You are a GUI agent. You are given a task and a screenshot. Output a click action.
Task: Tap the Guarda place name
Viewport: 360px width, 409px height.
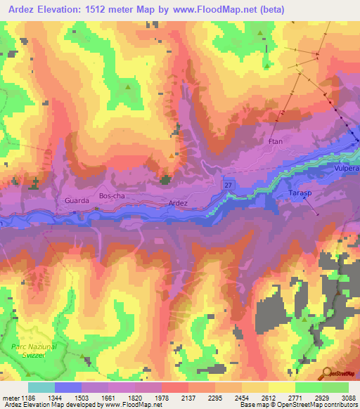[76, 200]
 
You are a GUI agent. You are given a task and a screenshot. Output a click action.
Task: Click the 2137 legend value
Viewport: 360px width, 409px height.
[174, 398]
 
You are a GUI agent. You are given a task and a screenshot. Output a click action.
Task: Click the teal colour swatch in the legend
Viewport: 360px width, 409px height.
[41, 387]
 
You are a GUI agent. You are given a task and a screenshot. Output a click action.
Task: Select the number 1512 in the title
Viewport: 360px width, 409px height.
[106, 10]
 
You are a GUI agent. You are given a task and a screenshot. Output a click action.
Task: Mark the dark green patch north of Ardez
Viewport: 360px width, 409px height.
[166, 180]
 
